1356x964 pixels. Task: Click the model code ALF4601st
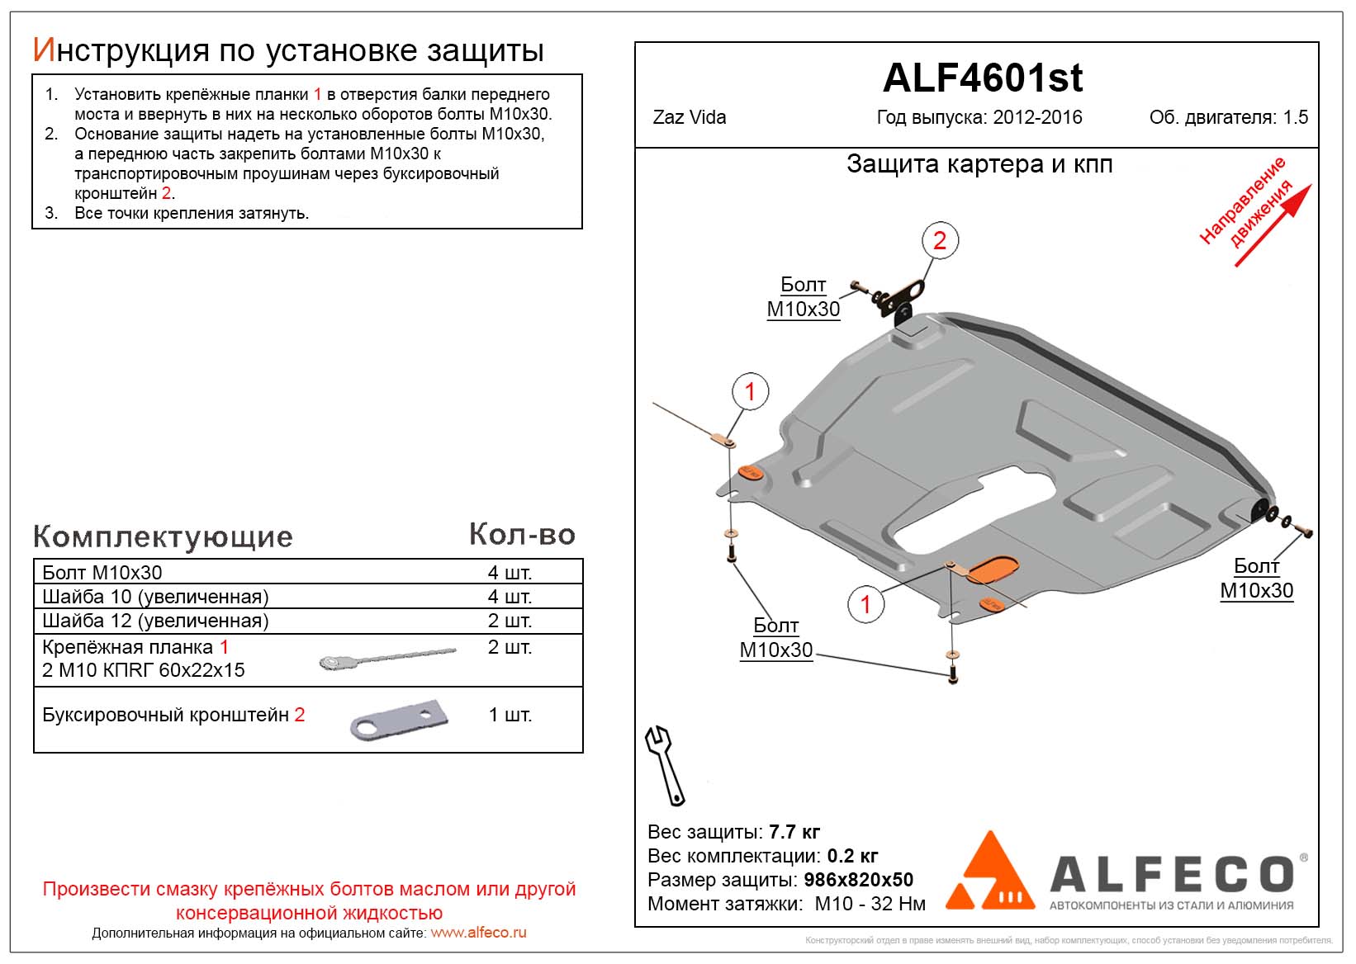[x=982, y=78]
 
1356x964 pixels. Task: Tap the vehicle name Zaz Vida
[x=689, y=117]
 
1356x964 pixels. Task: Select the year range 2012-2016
[x=1037, y=117]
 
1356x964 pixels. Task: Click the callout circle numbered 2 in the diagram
[x=939, y=241]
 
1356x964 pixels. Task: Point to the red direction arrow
[x=1272, y=226]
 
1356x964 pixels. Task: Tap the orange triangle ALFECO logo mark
[x=989, y=873]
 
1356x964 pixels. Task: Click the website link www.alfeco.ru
[x=478, y=933]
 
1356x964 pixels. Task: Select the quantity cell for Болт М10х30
[x=510, y=572]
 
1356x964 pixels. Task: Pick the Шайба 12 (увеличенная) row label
[x=155, y=621]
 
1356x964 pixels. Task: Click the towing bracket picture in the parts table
[x=399, y=720]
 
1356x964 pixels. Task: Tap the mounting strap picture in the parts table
[x=386, y=658]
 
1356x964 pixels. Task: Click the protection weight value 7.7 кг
[x=794, y=832]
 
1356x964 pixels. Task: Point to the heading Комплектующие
[x=163, y=536]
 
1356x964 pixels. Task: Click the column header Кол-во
[x=522, y=535]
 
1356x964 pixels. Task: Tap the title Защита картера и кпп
[x=979, y=164]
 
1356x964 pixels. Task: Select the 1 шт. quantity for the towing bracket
[x=510, y=715]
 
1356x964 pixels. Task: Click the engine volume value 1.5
[x=1295, y=117]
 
